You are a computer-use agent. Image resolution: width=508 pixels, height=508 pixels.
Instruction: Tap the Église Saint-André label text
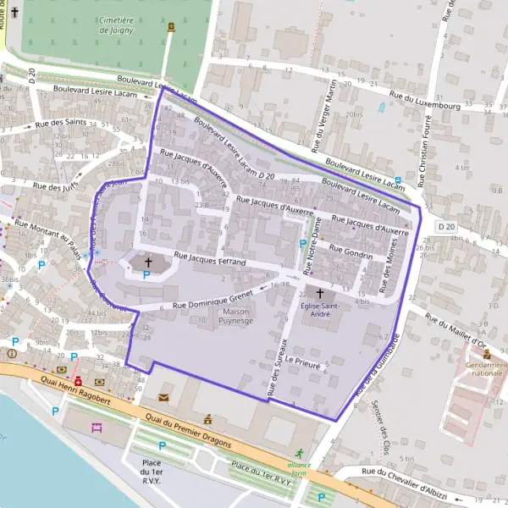pyautogui.click(x=319, y=310)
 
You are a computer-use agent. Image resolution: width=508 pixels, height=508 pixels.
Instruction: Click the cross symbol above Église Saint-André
pyautogui.click(x=319, y=293)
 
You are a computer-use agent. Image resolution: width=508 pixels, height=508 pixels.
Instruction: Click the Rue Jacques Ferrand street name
pyautogui.click(x=209, y=258)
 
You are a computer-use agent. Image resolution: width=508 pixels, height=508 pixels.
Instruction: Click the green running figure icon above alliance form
pyautogui.click(x=298, y=453)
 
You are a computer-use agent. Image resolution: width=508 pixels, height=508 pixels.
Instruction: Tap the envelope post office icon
pyautogui.click(x=163, y=396)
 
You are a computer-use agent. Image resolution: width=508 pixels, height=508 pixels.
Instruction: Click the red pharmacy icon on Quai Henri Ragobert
pyautogui.click(x=78, y=381)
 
